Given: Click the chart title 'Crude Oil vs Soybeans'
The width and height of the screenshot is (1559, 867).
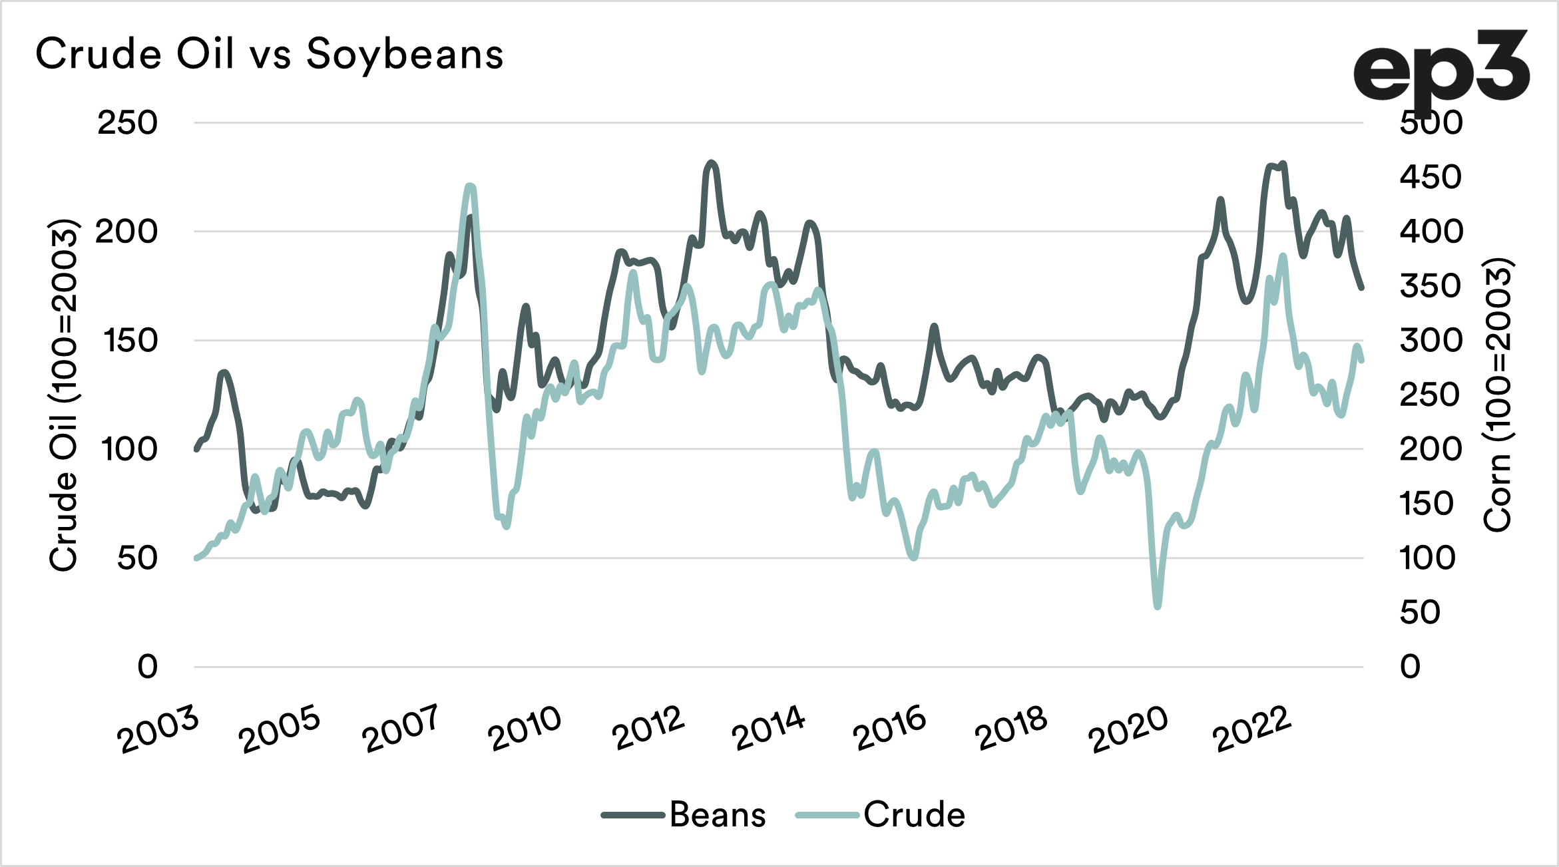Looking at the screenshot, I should coord(270,54).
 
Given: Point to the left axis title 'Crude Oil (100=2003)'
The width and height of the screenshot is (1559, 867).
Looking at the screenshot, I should coord(65,395).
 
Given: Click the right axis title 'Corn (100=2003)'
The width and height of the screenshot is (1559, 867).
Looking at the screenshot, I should coord(1498,395).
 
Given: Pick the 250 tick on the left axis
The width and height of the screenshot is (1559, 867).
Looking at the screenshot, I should coord(127,123).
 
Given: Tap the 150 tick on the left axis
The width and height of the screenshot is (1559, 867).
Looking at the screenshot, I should coord(130,341).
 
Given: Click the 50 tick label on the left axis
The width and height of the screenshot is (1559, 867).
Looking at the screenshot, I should coord(137,558).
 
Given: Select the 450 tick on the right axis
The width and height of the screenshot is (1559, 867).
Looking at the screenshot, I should coord(1431,178).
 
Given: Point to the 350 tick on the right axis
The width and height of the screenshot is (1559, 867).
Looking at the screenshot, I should coord(1431,286).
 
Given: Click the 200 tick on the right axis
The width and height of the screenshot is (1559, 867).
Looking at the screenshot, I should coord(1431,450).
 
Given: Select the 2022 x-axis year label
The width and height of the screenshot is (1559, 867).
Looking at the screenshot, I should coord(1252,729).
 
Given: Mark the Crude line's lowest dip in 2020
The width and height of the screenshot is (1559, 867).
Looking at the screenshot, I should coord(1158,606).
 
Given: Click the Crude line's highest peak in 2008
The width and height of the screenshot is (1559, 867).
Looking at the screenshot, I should coord(470,186).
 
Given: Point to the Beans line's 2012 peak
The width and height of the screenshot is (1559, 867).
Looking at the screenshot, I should coord(712,162).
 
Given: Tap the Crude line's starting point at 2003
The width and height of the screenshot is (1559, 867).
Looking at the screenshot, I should coord(196,558).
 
